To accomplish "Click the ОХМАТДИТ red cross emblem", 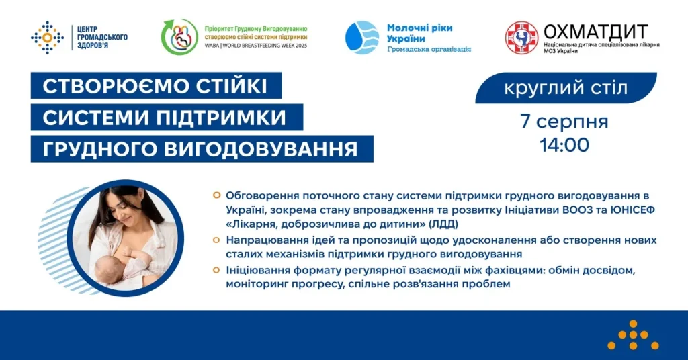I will (x=522, y=38).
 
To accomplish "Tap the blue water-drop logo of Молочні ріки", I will (x=361, y=38).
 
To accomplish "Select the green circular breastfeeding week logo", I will (x=179, y=38).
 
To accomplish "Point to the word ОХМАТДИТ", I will (x=595, y=32).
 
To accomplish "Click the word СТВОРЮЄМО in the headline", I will (x=107, y=87).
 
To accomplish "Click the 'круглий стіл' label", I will (x=566, y=87).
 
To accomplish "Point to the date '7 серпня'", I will (x=564, y=122).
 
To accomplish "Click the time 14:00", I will (x=564, y=144).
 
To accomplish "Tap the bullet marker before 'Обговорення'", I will (x=216, y=195).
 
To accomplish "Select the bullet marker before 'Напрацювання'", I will (x=216, y=240).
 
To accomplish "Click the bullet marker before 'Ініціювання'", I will (x=216, y=270).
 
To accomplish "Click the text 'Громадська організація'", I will (x=429, y=49).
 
